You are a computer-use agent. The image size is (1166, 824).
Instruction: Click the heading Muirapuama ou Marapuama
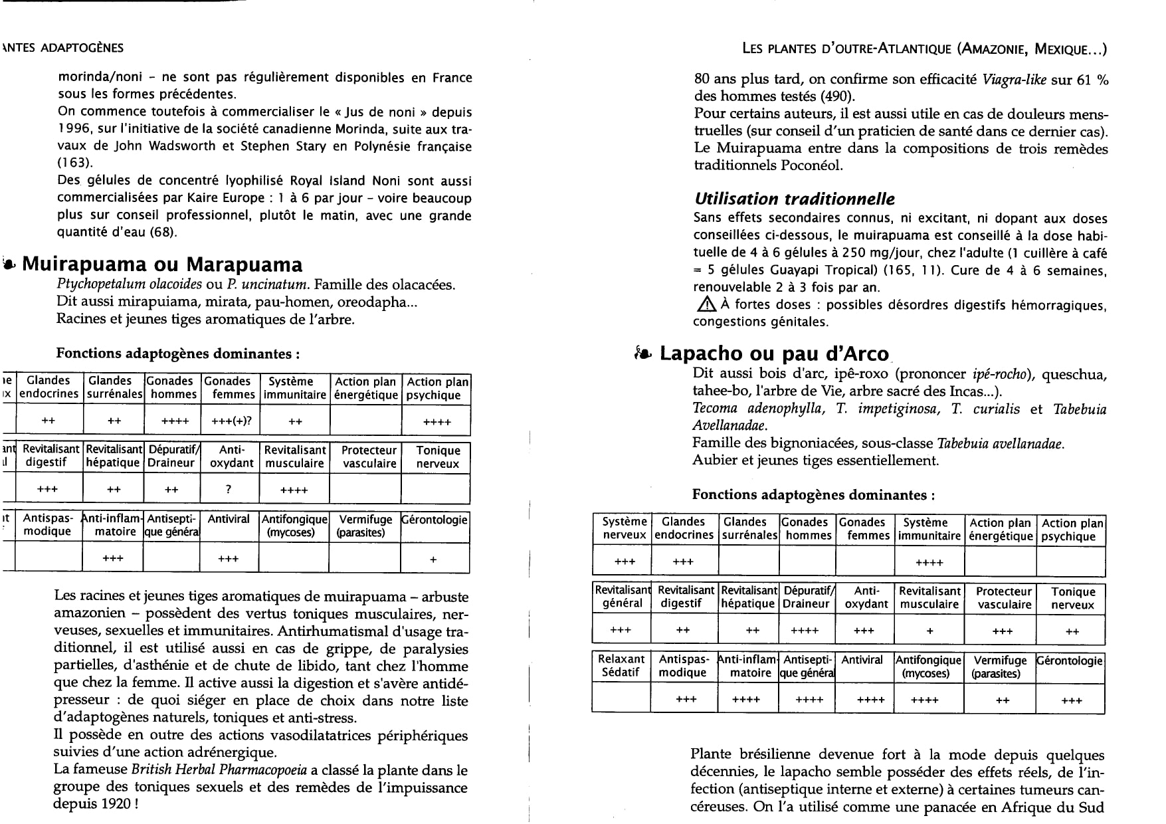point(162,264)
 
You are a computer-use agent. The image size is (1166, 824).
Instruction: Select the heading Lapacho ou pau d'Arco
point(774,354)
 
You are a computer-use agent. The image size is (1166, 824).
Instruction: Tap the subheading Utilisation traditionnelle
point(794,199)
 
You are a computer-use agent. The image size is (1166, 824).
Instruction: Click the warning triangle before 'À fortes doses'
point(704,304)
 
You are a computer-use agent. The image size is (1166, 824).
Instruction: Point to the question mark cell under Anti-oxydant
point(228,489)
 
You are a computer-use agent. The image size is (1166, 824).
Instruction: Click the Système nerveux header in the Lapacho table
point(624,529)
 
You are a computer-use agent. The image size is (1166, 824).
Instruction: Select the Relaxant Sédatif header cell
point(621,666)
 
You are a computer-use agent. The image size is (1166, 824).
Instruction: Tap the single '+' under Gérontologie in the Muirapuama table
point(433,560)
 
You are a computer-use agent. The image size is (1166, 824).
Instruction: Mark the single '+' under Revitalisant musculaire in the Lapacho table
point(929,631)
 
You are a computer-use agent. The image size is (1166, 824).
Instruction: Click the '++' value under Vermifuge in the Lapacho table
point(1002,700)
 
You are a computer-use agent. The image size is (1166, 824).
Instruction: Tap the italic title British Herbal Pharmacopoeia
point(219,770)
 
